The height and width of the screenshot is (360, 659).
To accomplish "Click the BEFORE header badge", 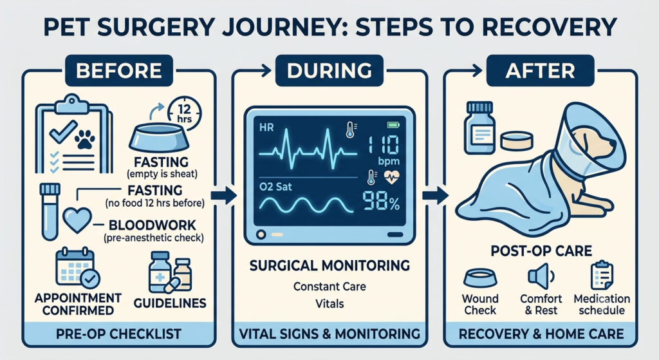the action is (119, 71).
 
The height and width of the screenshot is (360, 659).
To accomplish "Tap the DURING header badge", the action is (329, 71).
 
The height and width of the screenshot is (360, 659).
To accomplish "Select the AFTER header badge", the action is (540, 71).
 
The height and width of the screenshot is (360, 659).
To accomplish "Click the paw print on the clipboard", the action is (85, 139).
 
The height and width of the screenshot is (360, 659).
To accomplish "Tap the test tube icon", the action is (49, 211).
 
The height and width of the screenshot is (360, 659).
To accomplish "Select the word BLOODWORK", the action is (153, 225).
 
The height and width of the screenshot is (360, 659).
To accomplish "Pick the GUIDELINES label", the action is (170, 303).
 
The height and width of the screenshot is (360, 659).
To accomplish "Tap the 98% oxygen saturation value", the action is (381, 202).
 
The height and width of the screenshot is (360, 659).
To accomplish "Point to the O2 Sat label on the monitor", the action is (275, 186).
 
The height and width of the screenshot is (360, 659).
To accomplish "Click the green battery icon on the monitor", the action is (393, 125).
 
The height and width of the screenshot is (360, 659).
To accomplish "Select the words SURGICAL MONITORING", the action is (329, 265).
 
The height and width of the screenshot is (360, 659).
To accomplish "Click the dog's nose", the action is (613, 144).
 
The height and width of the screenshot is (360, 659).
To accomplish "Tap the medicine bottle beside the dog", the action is (479, 128).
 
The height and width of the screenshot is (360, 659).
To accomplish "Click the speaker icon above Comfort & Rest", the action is (541, 276).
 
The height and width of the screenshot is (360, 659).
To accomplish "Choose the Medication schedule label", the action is (602, 305).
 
